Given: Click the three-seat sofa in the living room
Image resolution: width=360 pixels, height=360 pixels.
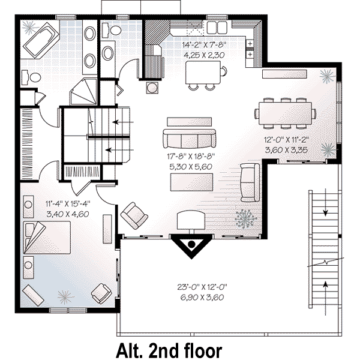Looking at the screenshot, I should pos(190,139).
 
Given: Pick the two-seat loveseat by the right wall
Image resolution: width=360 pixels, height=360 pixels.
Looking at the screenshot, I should pos(249,181).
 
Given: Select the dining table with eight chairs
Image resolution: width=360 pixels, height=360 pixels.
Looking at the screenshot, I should pos(285,113).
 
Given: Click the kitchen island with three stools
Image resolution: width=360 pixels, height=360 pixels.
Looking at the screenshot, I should pos(204,73).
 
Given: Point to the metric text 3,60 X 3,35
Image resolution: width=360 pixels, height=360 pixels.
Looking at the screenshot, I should pos(285,151).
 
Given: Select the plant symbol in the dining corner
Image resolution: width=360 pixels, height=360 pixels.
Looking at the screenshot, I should pos(328,76).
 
